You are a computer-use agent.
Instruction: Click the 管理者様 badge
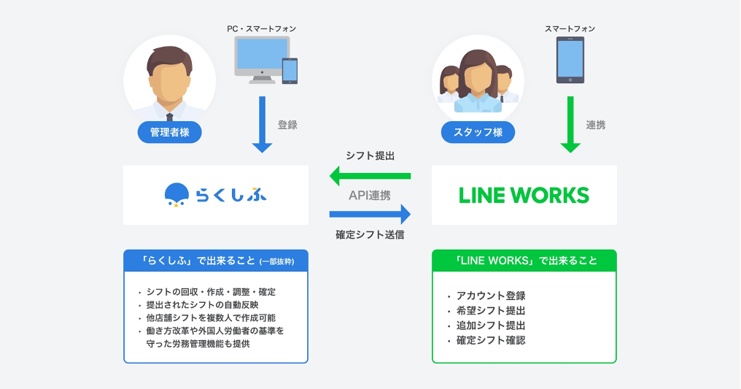click(x=169, y=132)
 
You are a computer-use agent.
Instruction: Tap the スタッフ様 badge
click(x=478, y=132)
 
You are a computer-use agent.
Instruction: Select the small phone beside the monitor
click(x=290, y=71)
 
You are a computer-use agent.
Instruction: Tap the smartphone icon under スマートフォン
click(x=570, y=59)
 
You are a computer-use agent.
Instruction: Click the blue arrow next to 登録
click(x=261, y=124)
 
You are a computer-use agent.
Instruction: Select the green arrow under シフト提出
click(x=370, y=176)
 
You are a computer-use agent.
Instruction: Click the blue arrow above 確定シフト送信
click(x=370, y=214)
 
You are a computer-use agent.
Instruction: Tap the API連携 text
click(x=369, y=195)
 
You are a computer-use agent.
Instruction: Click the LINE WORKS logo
click(x=524, y=195)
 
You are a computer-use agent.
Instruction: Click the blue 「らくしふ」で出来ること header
click(x=215, y=261)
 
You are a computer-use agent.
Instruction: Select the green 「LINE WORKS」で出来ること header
click(x=524, y=261)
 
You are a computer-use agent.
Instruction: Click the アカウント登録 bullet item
click(x=490, y=296)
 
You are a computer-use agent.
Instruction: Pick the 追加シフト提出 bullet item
click(x=490, y=326)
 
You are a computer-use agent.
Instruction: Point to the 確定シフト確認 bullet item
click(x=490, y=340)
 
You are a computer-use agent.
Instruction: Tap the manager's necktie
click(x=169, y=117)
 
